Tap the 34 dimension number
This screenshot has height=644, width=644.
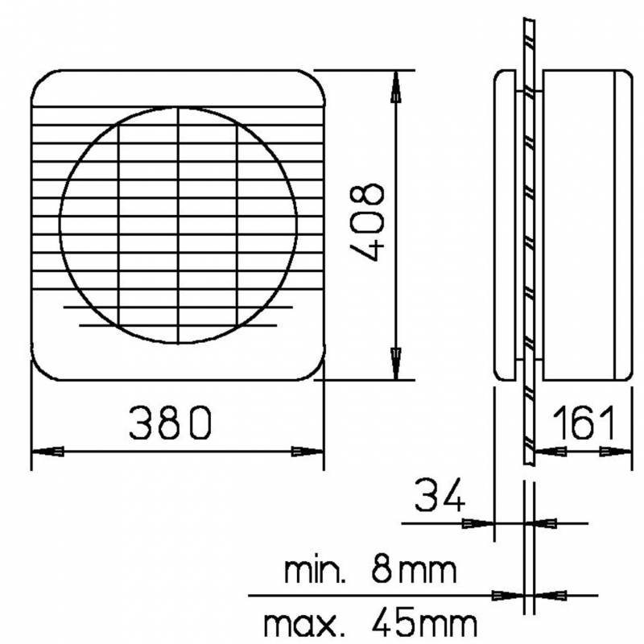click(440, 496)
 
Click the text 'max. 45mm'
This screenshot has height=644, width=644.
click(369, 622)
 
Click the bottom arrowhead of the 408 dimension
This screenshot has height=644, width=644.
click(395, 363)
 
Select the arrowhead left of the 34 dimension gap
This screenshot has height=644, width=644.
click(479, 523)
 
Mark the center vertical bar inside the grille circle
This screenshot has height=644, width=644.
click(178, 225)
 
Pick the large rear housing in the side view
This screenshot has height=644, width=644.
click(584, 224)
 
